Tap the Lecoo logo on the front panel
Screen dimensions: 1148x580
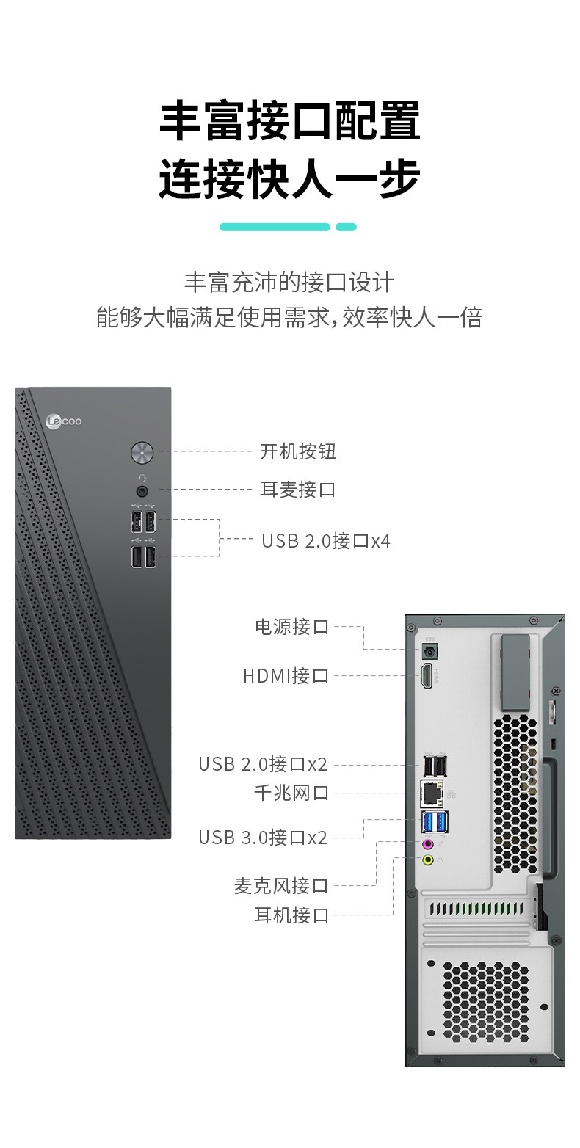tap(63, 421)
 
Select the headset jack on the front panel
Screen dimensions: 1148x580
tap(142, 490)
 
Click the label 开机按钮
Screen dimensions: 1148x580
tap(298, 451)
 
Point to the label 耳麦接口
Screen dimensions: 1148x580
tap(298, 490)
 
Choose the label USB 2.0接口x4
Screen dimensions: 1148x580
tap(326, 542)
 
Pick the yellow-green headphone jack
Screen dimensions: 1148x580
tap(428, 860)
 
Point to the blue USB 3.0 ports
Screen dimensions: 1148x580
tap(435, 822)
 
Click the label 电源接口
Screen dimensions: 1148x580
tap(291, 627)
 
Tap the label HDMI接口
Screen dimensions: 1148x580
tap(286, 676)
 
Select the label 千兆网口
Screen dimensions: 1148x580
tap(291, 793)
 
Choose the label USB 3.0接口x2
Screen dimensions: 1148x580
tap(263, 838)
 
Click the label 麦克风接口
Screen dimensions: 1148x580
tap(281, 887)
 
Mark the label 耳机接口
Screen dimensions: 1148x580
tap(291, 915)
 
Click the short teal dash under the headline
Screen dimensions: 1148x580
tap(346, 228)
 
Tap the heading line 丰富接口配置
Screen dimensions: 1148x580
tap(290, 122)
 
